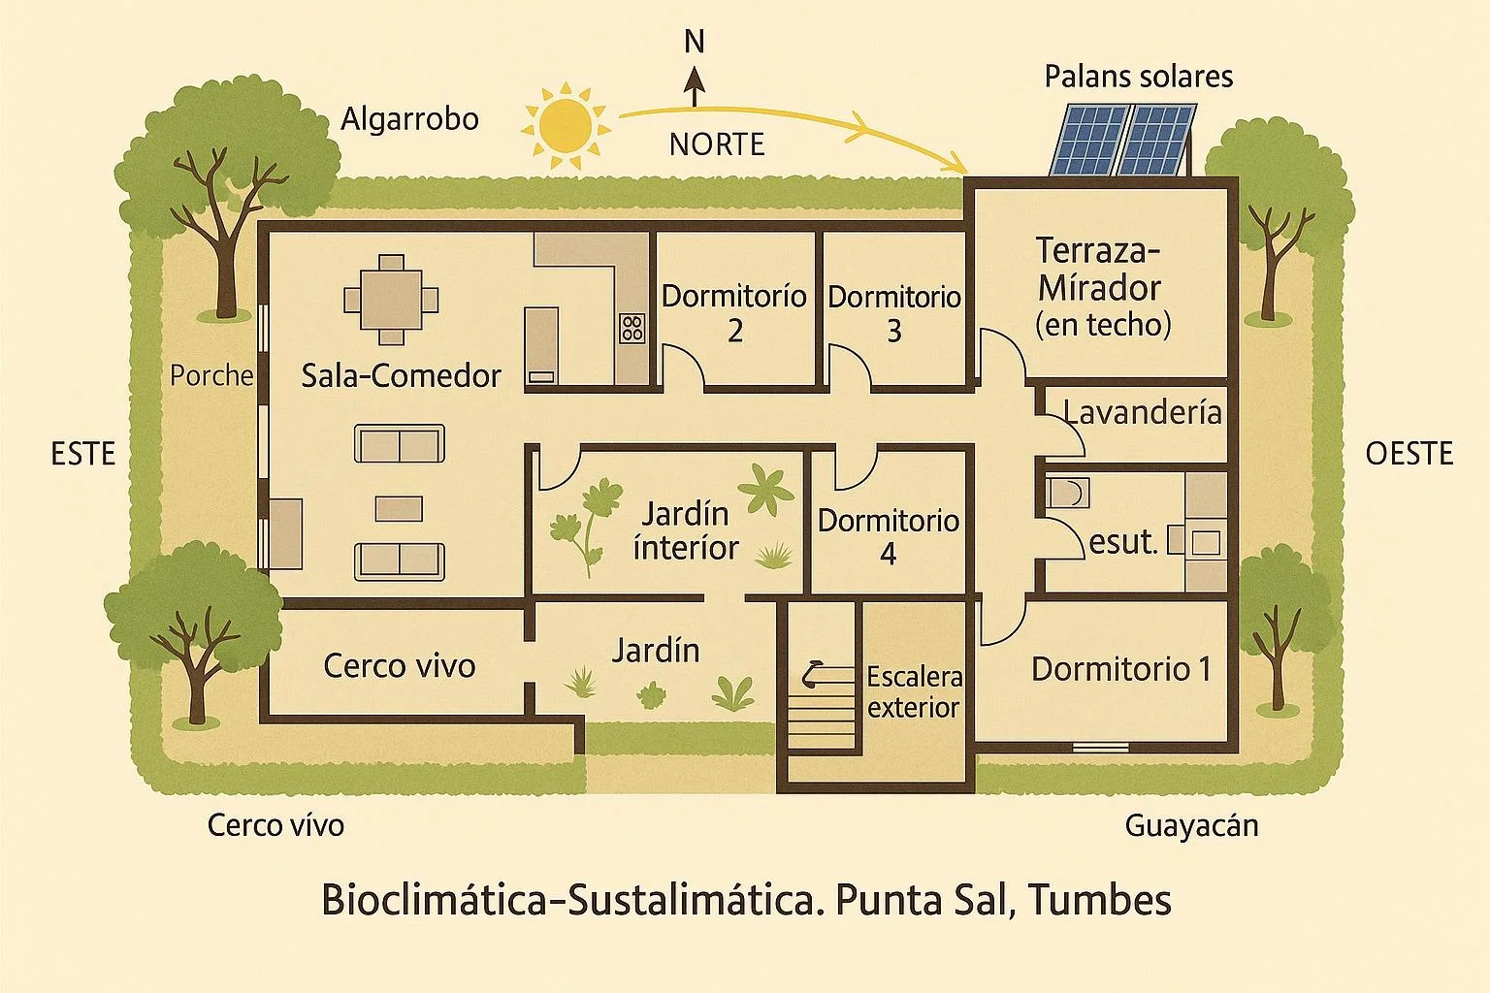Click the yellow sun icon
coord(567,123)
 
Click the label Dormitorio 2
coord(734,312)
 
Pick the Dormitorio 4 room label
coord(888,535)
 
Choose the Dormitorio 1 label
coord(1120,668)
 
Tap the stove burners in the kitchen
coord(632,328)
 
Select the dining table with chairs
coord(392,299)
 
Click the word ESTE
coord(82,453)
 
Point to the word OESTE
coord(1409,453)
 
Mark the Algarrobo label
coord(410,118)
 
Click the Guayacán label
coord(1191,825)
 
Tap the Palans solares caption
coord(1138,77)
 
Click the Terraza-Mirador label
coord(1103,286)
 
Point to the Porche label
coord(211,375)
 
